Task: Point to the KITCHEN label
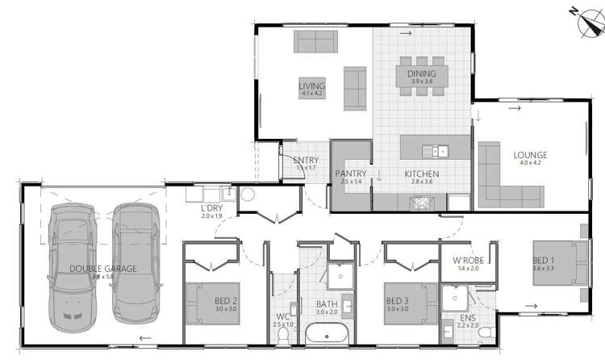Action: (x=422, y=174)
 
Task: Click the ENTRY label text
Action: (x=306, y=160)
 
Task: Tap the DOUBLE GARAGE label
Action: (x=102, y=268)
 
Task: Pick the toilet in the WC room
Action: (x=281, y=285)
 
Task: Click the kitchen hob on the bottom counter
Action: (x=422, y=203)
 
